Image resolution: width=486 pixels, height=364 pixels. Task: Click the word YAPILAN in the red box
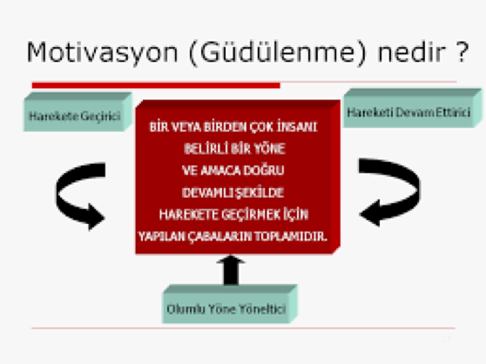(162, 236)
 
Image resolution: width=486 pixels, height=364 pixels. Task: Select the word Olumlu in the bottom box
(185, 307)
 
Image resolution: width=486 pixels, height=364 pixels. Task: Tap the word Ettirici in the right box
(447, 111)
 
